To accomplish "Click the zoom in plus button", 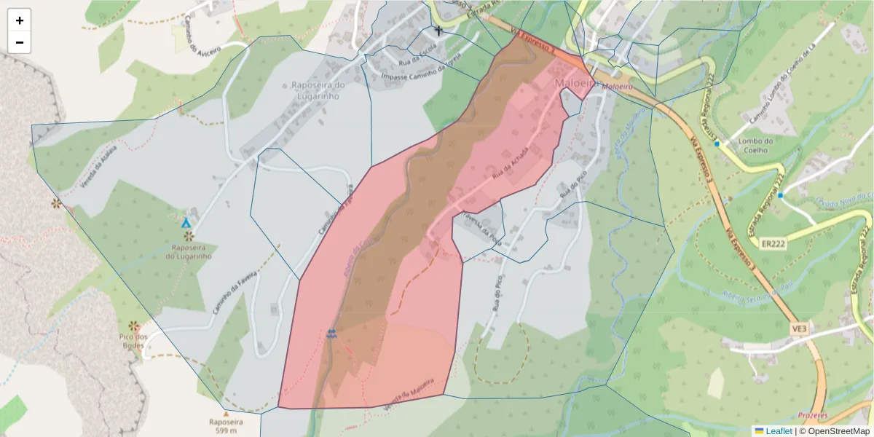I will coord(20,20).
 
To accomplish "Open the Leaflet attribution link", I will coord(779,431).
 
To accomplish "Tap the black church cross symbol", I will coord(438,31).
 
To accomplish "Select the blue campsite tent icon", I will coord(186,223).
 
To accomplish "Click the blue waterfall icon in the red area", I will coord(332,333).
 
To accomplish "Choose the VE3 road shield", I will coord(800,329).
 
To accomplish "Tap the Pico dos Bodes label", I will coord(133,341).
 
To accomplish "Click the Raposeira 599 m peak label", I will coord(225,426).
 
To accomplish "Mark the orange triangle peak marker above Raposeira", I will coord(225,414).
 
